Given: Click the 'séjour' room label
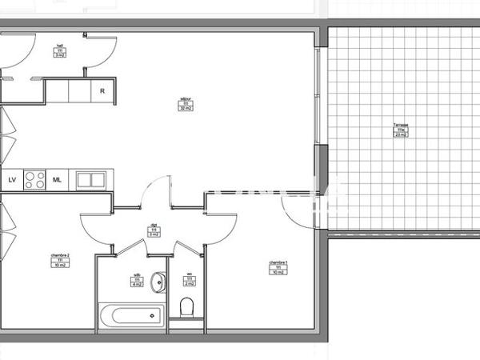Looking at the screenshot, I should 186,98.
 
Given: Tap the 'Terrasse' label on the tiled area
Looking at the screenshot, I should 400,126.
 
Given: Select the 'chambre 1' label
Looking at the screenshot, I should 278,262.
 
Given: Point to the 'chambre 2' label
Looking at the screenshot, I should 60,255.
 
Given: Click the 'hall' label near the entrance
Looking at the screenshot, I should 59,46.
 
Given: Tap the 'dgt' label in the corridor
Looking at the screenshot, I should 154,226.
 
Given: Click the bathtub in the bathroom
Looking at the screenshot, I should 131,314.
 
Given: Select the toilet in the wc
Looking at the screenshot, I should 188,307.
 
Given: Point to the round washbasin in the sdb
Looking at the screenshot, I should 158,282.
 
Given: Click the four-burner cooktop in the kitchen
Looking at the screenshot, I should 34,180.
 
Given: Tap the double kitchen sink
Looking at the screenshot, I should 90,180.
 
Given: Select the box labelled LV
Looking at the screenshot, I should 12,180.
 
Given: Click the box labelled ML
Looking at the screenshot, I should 58,180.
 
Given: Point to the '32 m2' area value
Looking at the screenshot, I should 186,108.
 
